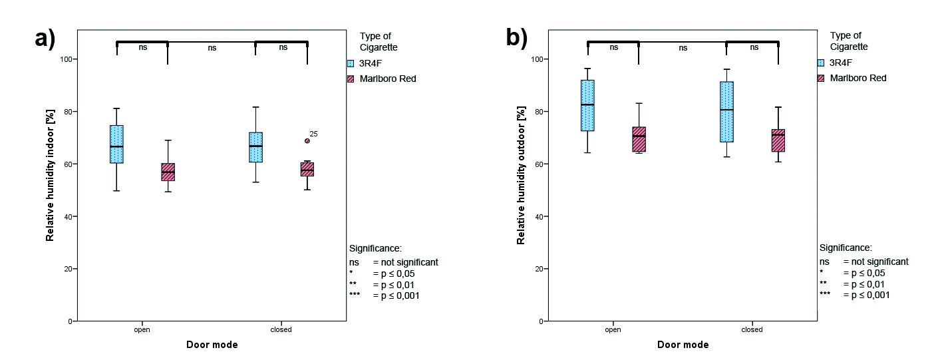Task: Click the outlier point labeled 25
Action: [x=307, y=141]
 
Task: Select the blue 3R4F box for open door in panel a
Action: [x=116, y=144]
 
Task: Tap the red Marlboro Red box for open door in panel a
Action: [x=168, y=172]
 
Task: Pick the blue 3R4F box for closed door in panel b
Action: [x=726, y=112]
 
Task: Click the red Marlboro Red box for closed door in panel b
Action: [x=778, y=140]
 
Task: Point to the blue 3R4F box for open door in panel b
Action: [x=587, y=106]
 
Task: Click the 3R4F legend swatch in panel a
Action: [x=351, y=63]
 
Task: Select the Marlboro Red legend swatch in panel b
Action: [x=821, y=78]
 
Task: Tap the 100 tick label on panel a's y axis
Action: [x=66, y=59]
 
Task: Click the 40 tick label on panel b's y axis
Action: [x=539, y=216]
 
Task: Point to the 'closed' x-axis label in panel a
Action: [x=281, y=329]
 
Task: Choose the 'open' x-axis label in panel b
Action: [x=613, y=329]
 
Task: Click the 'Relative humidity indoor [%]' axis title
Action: [x=50, y=175]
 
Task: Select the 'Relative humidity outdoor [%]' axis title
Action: [x=521, y=175]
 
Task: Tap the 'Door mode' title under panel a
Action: [x=212, y=345]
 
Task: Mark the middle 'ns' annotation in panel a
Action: [x=212, y=48]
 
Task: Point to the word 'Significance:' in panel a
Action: [x=375, y=248]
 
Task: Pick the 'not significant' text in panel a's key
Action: [x=410, y=262]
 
